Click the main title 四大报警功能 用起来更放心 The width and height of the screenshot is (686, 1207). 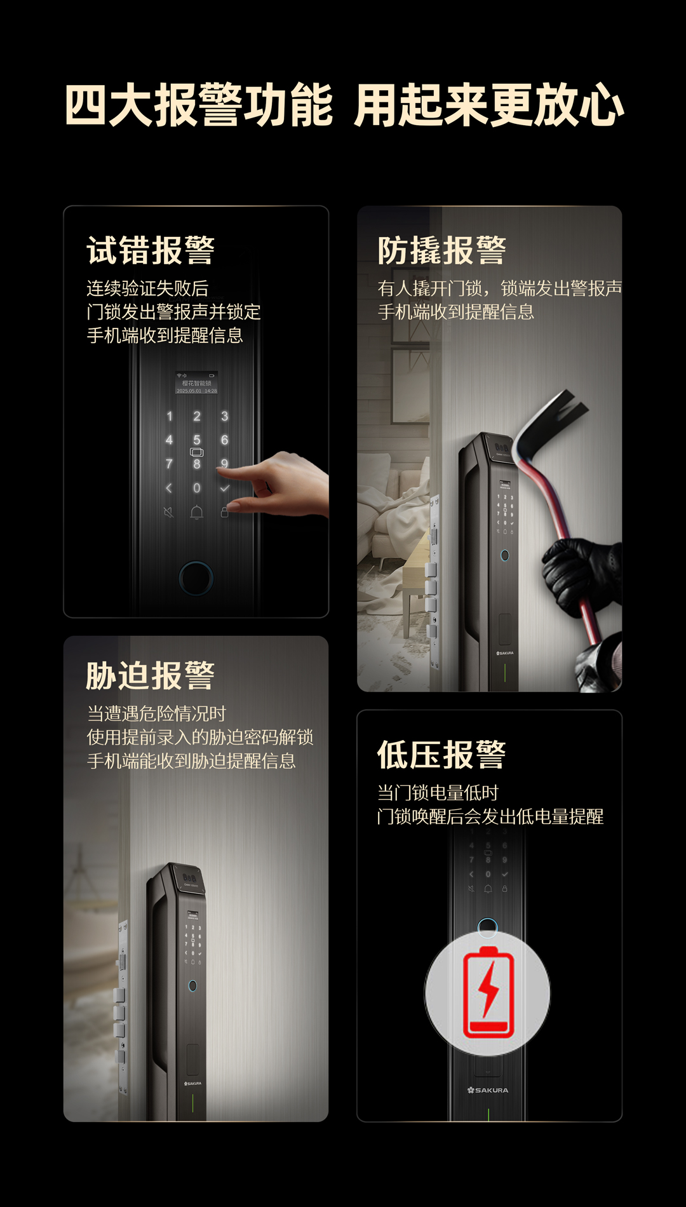[344, 105]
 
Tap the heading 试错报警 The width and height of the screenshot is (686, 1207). [151, 250]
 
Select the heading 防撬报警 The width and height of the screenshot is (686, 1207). [442, 250]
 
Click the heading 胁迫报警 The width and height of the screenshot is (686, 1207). [151, 675]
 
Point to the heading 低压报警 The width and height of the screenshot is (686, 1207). [442, 755]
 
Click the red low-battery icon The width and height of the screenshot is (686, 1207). [488, 992]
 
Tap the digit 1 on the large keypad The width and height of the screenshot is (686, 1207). [170, 416]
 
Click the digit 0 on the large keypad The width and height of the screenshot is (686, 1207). [197, 488]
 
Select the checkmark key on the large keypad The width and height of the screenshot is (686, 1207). [224, 489]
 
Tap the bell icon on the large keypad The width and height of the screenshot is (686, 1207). [197, 512]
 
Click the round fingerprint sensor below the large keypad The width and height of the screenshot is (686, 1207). [196, 577]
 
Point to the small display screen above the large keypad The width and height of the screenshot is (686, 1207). [197, 383]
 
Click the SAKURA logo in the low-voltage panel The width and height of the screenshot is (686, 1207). [488, 1090]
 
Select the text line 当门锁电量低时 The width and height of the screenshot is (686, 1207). [438, 793]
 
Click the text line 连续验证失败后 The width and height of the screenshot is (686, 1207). [147, 288]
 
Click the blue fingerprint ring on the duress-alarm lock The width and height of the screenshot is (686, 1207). [192, 986]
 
